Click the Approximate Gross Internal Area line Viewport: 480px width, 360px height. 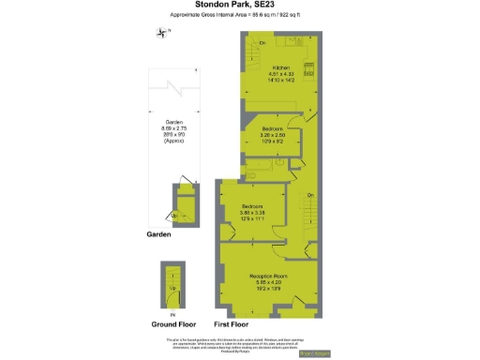(x=239, y=17)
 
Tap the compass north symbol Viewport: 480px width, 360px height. (x=163, y=34)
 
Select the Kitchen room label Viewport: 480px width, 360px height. (x=281, y=68)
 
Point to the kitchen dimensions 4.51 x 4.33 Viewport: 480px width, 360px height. (x=281, y=75)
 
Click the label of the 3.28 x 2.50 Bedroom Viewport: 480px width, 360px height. (x=273, y=127)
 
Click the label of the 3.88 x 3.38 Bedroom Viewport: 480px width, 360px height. (x=252, y=206)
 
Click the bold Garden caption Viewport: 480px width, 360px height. (x=158, y=234)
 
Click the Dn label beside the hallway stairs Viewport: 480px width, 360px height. (x=309, y=195)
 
